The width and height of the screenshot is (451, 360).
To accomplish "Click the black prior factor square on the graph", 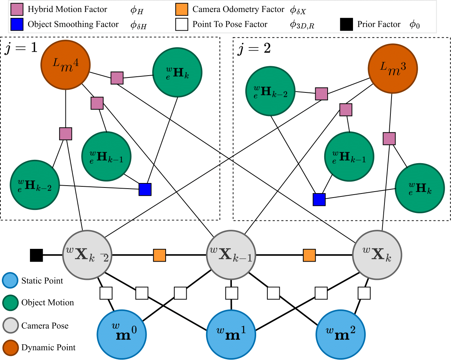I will (x=36, y=255).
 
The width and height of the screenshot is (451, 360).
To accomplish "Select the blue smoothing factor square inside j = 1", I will (x=145, y=189).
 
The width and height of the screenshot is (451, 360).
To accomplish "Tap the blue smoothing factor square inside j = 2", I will (x=319, y=199).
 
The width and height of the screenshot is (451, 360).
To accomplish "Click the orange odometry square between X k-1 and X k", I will (x=309, y=255).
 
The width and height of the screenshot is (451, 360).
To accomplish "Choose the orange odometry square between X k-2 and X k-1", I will (x=159, y=255).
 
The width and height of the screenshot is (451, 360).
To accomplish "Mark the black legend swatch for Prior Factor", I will (x=346, y=25).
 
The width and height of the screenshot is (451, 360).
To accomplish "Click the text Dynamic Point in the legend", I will (x=48, y=348).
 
